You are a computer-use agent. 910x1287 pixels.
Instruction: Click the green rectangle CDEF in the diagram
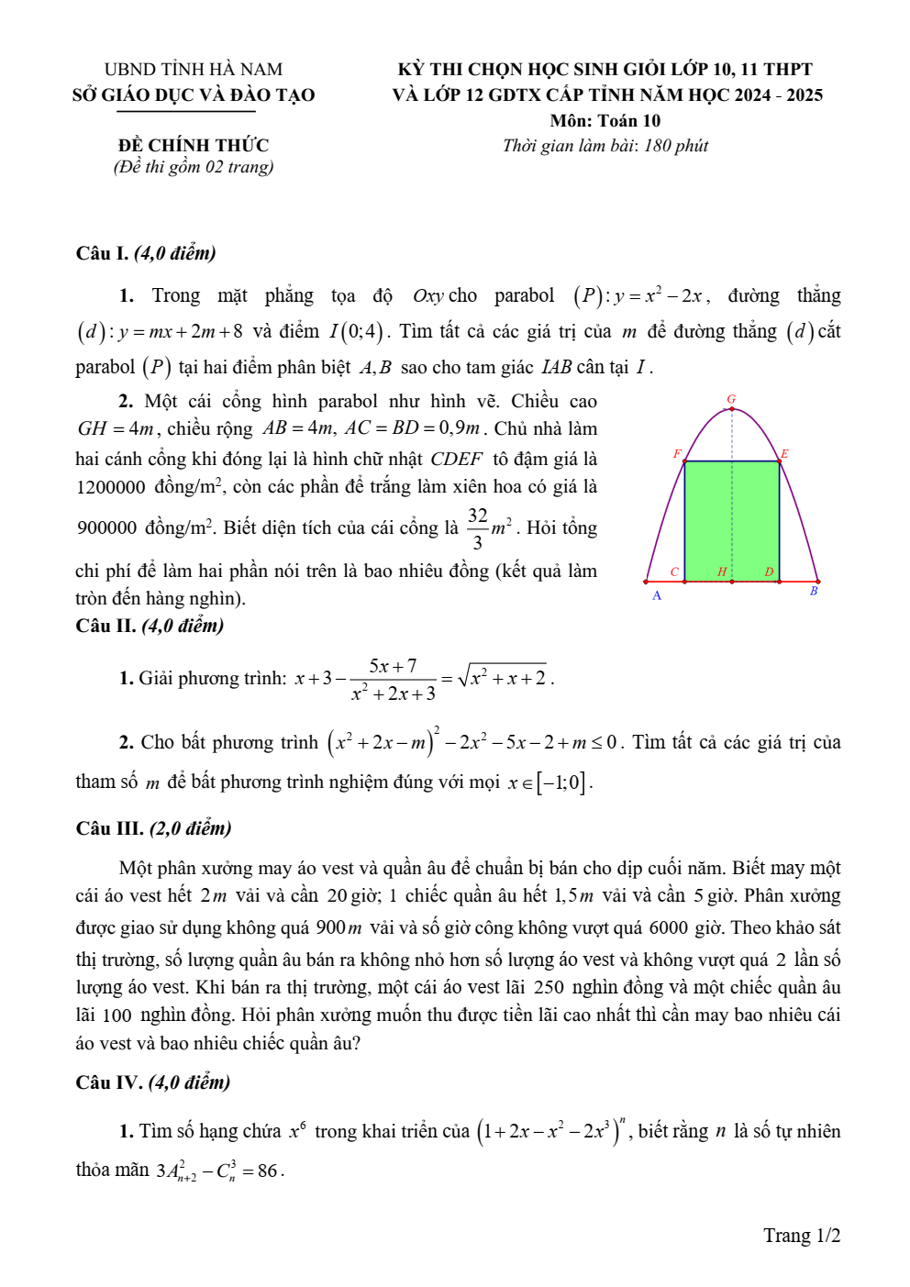(732, 519)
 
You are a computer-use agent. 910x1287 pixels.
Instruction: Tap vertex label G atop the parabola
(731, 399)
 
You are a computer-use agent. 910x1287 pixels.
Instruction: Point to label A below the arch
(657, 596)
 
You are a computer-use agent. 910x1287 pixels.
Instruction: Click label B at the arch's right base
(814, 592)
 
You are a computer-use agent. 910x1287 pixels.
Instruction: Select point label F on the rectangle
(677, 454)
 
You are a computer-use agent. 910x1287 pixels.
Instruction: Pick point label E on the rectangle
(785, 454)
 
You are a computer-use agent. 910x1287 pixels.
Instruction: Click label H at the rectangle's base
(722, 571)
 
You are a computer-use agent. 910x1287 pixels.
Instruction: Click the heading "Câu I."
(102, 253)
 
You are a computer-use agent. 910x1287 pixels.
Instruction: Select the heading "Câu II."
(105, 626)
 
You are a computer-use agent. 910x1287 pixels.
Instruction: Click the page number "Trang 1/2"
(802, 1236)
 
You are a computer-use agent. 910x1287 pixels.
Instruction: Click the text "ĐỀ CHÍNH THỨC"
(194, 145)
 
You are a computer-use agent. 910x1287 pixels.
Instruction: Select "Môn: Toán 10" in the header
(605, 120)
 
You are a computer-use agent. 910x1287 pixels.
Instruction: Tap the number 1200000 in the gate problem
(111, 487)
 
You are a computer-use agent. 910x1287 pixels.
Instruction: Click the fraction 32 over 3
(477, 528)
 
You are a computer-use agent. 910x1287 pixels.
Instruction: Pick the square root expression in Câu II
(503, 678)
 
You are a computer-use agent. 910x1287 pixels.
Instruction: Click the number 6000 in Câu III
(669, 927)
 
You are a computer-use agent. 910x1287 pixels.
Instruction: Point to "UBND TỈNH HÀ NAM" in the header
(194, 69)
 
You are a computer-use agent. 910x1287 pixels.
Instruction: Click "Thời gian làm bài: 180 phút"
(605, 145)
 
